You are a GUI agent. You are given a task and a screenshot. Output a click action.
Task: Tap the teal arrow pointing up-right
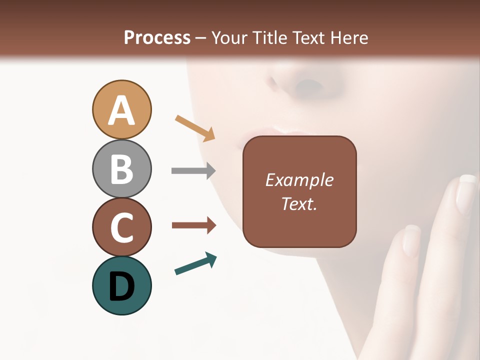[x=195, y=263]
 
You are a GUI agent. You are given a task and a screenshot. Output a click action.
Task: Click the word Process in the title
[x=157, y=37]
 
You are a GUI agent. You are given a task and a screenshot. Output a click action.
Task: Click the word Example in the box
[x=299, y=180]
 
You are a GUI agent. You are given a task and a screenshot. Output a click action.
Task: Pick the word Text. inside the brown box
[x=299, y=203]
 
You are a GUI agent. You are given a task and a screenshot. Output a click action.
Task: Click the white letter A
[x=121, y=110]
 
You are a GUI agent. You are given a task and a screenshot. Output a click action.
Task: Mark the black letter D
[x=121, y=286]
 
